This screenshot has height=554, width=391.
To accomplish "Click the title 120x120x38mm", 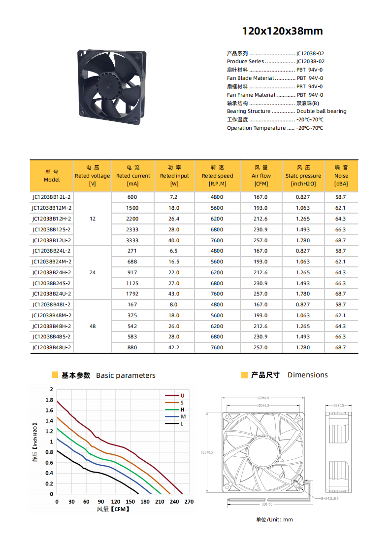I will [x=282, y=32].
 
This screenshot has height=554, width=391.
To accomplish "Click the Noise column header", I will [x=341, y=176].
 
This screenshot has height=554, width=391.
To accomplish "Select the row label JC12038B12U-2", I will [x=52, y=240].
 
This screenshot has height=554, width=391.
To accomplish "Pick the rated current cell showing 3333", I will [x=132, y=240].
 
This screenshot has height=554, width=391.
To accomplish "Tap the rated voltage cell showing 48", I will [x=93, y=326].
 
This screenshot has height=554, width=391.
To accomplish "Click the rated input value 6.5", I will [x=174, y=251].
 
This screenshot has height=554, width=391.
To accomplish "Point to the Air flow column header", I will [x=261, y=176].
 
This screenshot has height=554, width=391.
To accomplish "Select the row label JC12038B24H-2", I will [x=52, y=273].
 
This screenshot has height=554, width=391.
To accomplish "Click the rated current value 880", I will [x=132, y=348].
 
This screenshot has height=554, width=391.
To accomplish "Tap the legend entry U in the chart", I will [x=182, y=396].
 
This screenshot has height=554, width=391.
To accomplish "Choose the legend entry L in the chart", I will [x=182, y=424].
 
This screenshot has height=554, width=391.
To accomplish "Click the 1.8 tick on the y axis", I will [x=49, y=400].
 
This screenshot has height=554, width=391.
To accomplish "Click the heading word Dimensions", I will [x=307, y=375].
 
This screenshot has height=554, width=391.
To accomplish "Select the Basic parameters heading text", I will [x=126, y=376].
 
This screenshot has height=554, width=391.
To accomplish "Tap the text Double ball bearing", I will [x=321, y=111].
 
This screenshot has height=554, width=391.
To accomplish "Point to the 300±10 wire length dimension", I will [x=267, y=505].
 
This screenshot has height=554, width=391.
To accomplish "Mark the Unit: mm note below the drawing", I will [x=274, y=519].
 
